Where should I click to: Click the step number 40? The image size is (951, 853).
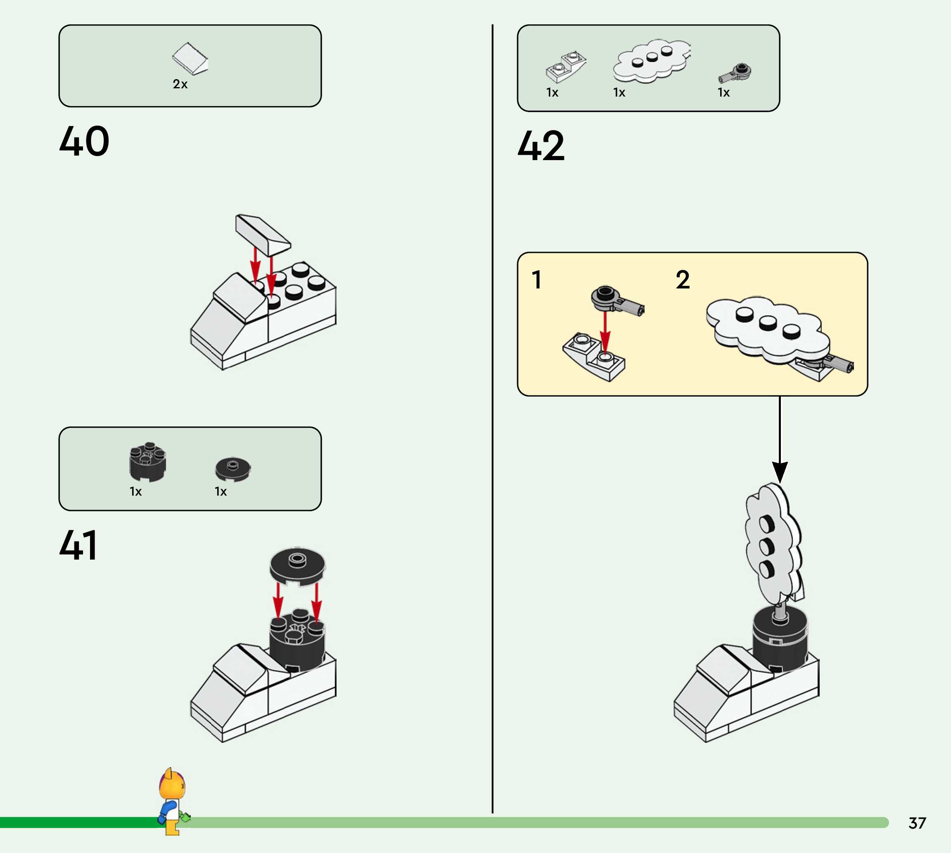click(x=84, y=141)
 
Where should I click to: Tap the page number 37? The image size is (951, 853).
click(x=917, y=823)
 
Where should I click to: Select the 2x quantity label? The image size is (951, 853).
click(x=180, y=84)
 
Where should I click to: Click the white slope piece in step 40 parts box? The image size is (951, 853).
click(x=190, y=59)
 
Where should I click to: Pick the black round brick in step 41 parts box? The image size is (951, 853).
click(x=147, y=462)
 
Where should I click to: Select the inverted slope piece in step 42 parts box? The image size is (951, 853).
click(x=565, y=67)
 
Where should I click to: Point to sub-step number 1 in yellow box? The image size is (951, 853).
click(x=536, y=280)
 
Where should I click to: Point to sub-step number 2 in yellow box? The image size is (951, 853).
click(x=682, y=280)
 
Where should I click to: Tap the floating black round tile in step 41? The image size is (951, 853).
click(x=297, y=565)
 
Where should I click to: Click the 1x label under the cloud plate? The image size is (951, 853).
click(x=619, y=93)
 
